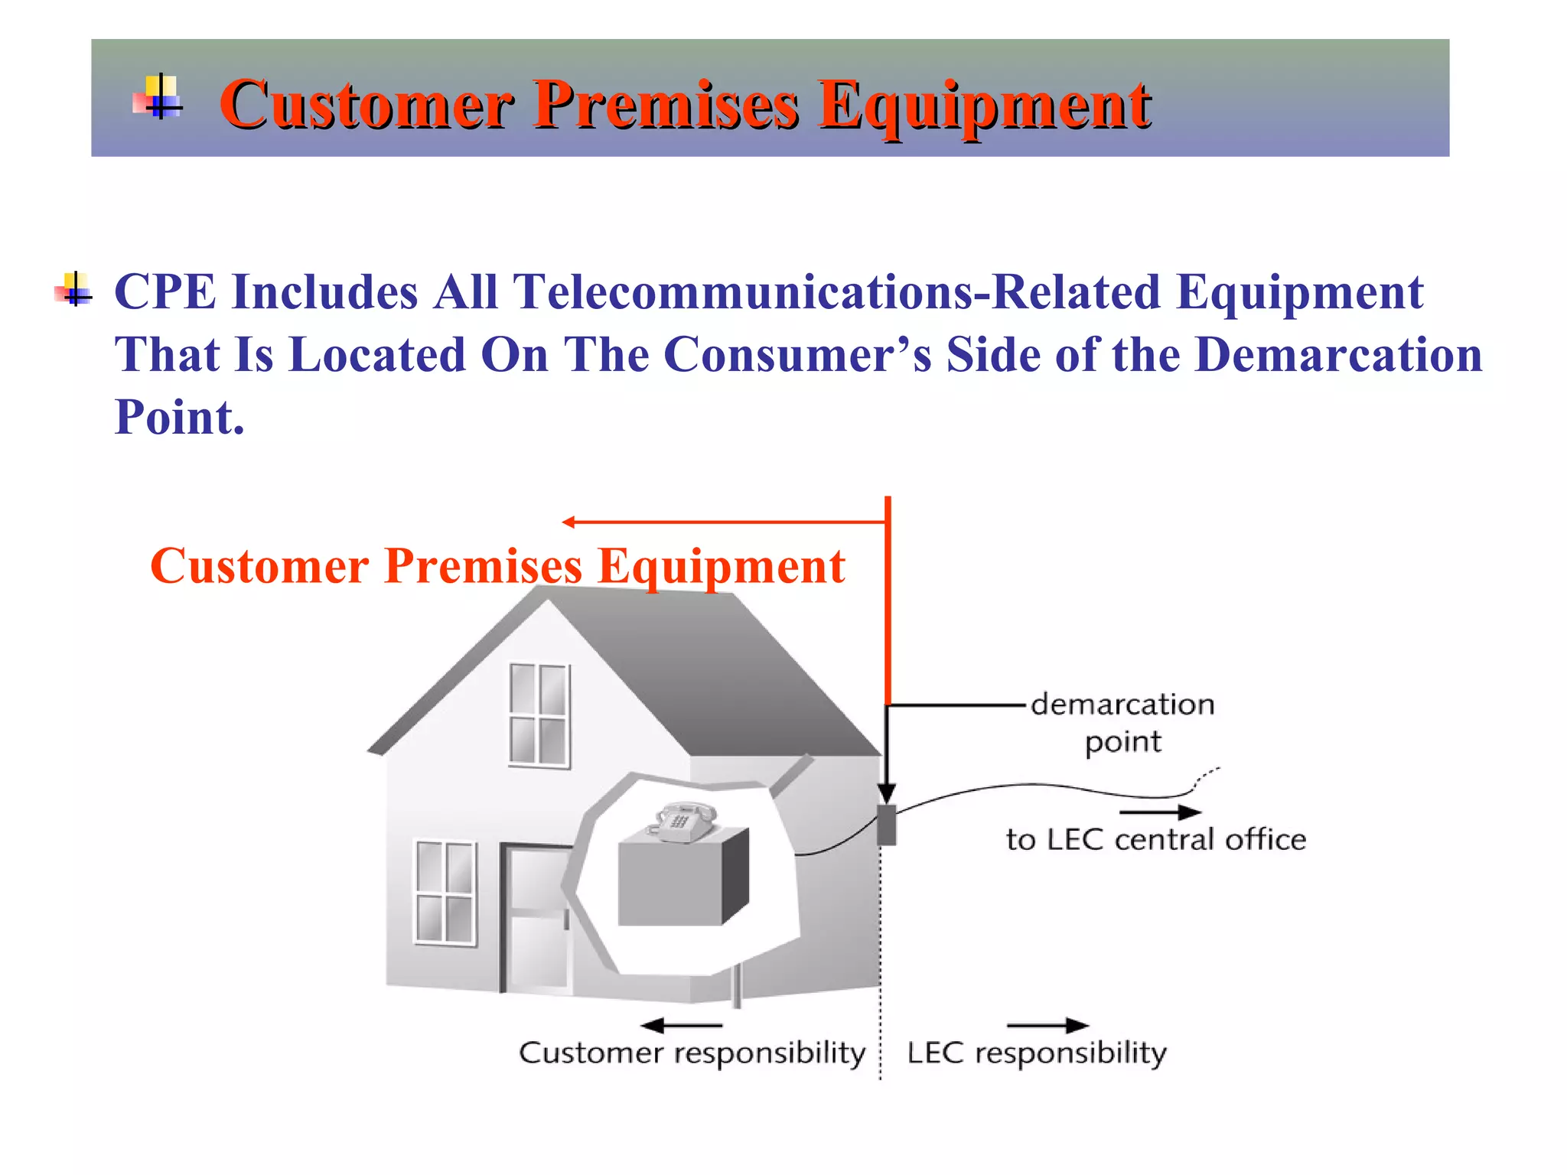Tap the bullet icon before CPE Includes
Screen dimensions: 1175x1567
tap(74, 290)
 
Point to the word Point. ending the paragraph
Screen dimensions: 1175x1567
tap(179, 418)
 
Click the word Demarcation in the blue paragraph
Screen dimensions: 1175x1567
tap(1338, 355)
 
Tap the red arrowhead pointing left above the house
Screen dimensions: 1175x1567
tap(568, 522)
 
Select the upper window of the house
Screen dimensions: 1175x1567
tap(539, 715)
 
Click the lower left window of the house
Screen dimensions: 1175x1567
tap(445, 893)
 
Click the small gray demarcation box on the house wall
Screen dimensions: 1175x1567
tap(886, 825)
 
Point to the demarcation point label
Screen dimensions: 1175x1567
tap(1122, 722)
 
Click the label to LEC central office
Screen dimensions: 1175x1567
tap(1155, 840)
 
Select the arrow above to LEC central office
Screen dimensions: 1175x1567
tap(1158, 812)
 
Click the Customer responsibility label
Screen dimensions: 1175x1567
tap(692, 1053)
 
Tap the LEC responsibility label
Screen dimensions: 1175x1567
tap(1036, 1053)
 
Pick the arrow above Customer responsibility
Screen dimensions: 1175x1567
tap(681, 1025)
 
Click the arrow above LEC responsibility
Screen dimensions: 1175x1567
tap(1047, 1025)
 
